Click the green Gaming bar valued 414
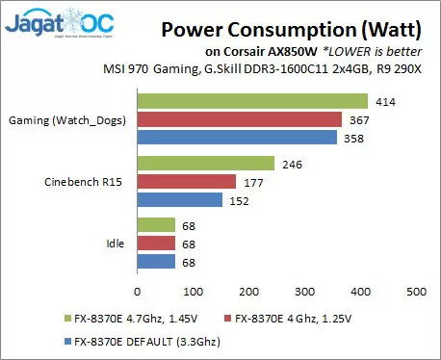click(253, 101)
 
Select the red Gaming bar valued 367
click(240, 119)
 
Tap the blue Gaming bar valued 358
click(237, 138)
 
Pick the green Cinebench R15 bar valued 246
click(206, 164)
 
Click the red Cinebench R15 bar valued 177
click(187, 182)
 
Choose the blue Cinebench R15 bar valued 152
click(180, 200)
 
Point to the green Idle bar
click(156, 226)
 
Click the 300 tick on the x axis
click(305, 290)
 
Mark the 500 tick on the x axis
click(416, 290)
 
